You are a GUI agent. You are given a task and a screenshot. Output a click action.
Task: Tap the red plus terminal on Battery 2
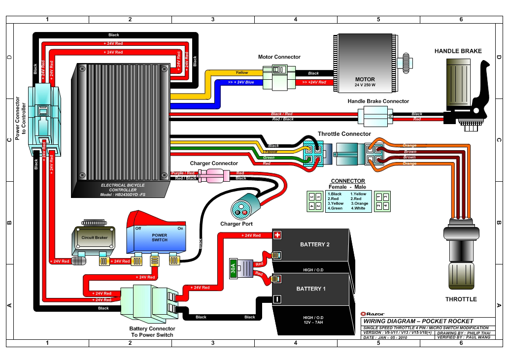tap(277, 235)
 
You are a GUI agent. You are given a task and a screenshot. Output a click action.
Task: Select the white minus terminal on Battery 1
tap(277, 299)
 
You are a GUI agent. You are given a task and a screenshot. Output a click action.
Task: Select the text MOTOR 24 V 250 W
tap(365, 82)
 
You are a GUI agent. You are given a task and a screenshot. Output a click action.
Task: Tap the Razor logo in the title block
tap(373, 314)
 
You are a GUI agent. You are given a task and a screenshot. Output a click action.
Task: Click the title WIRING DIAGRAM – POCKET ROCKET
tap(418, 321)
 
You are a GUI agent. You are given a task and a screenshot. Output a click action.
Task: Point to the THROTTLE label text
tap(461, 299)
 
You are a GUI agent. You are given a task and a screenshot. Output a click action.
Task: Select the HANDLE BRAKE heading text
tap(458, 51)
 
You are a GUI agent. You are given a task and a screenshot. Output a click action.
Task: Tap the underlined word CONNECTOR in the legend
tap(347, 181)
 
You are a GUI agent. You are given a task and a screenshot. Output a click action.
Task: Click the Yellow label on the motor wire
tap(242, 72)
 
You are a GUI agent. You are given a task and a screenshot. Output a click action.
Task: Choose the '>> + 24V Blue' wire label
tap(241, 82)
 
